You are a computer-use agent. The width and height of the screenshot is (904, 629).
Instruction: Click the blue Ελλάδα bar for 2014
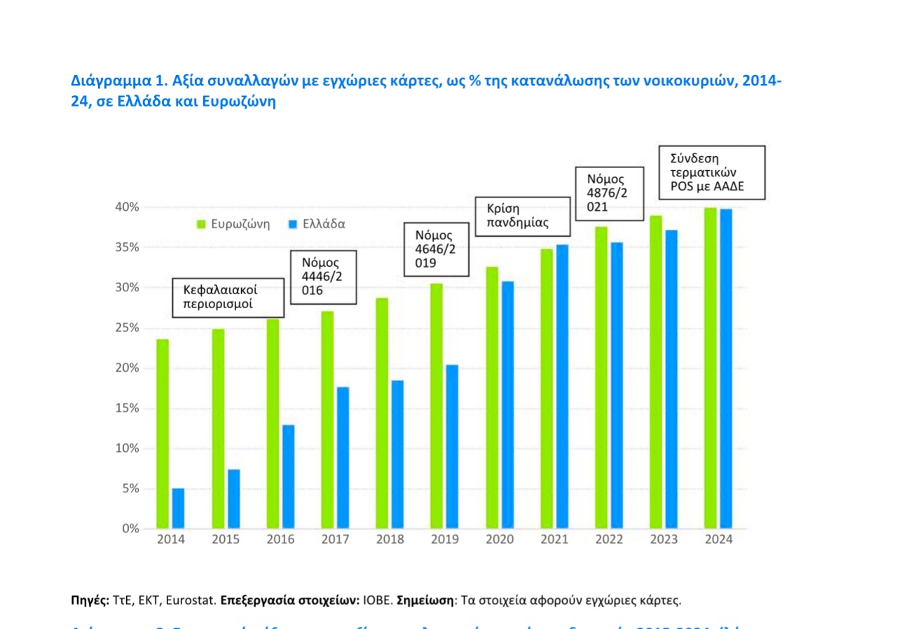(x=178, y=509)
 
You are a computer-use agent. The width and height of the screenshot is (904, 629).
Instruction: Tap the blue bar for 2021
(x=562, y=387)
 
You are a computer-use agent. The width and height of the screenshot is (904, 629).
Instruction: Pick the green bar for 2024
(x=710, y=368)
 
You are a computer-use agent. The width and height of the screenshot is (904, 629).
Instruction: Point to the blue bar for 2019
(x=452, y=447)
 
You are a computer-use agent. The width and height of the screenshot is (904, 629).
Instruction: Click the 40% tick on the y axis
(x=127, y=207)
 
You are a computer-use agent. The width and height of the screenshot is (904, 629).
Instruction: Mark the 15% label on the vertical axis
(x=127, y=408)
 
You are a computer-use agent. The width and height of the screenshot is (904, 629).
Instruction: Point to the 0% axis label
(x=130, y=529)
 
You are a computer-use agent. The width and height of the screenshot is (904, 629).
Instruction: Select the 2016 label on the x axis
(x=280, y=540)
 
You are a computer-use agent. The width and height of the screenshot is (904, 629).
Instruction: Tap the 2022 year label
(x=609, y=540)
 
